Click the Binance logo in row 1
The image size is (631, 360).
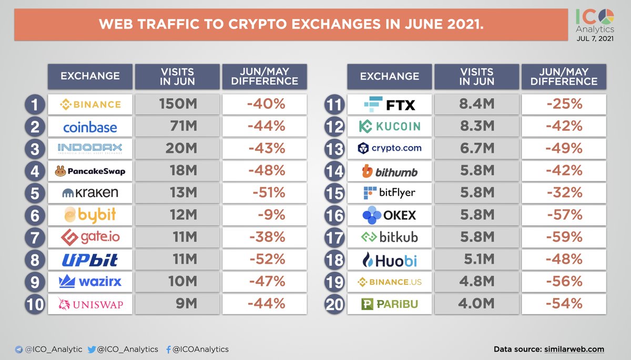[90, 105]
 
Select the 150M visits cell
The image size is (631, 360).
[177, 105]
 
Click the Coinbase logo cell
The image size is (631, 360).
[90, 127]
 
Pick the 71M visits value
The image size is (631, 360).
[177, 127]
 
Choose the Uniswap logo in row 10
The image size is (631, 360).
[90, 304]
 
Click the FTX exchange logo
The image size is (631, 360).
[390, 105]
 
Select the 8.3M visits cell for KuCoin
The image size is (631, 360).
[476, 127]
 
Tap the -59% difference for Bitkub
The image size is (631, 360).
[564, 238]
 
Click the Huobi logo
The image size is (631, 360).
[390, 260]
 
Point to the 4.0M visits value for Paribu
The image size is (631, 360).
[476, 304]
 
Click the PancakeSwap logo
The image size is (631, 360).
[90, 171]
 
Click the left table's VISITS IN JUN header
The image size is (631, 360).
[177, 77]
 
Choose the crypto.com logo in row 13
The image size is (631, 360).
[390, 149]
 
